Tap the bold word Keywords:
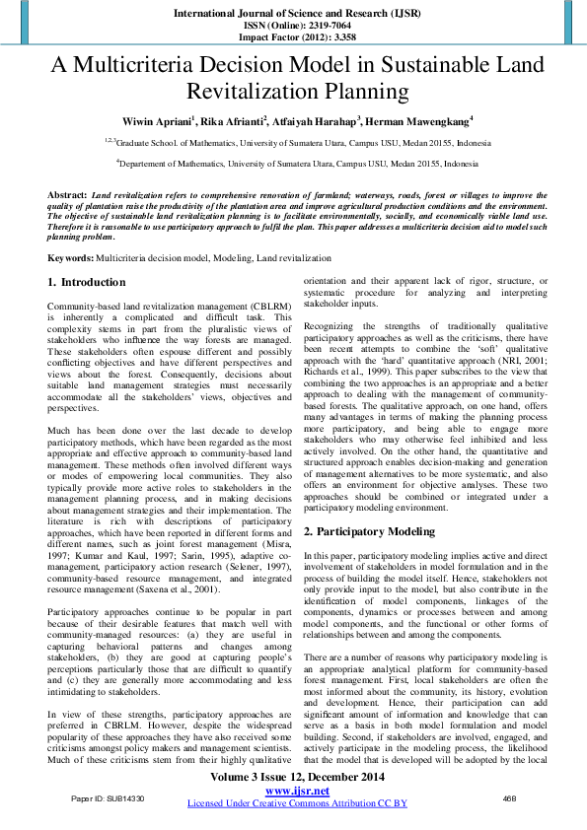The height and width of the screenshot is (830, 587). [71, 257]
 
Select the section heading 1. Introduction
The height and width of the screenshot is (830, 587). [87, 282]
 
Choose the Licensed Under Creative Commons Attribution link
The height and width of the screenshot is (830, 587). [295, 803]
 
